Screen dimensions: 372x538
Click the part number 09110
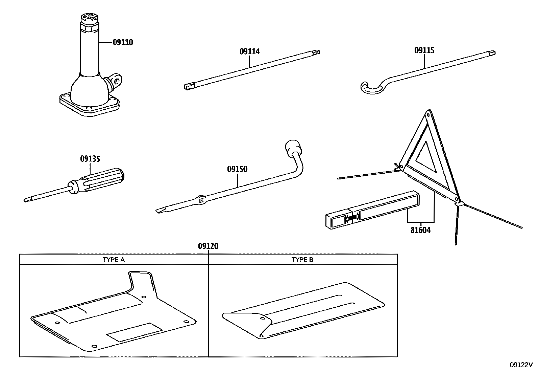click(123, 42)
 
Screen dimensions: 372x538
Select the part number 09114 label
click(249, 51)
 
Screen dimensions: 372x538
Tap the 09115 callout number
click(424, 50)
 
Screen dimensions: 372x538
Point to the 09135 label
click(90, 159)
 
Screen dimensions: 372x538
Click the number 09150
click(237, 169)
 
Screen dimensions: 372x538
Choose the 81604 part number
click(420, 231)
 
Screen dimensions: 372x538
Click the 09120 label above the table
click(208, 246)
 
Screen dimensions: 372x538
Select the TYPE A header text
click(114, 260)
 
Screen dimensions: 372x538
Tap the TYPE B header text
click(302, 260)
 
